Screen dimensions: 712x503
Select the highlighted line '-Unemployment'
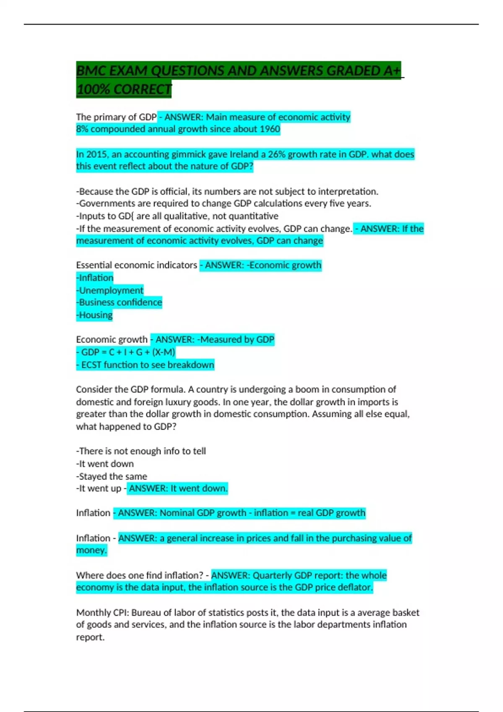[x=110, y=290]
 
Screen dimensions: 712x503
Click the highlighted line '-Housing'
[x=95, y=315]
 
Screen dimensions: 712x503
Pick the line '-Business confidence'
[x=119, y=302]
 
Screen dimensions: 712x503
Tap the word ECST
[x=91, y=365]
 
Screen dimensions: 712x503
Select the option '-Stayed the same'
[x=111, y=476]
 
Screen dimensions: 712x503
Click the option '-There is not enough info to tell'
[x=141, y=451]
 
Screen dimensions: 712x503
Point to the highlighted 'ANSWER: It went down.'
[x=178, y=488]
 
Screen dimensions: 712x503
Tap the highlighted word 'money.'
[x=91, y=550]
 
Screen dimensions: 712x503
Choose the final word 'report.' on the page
[x=90, y=637]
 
